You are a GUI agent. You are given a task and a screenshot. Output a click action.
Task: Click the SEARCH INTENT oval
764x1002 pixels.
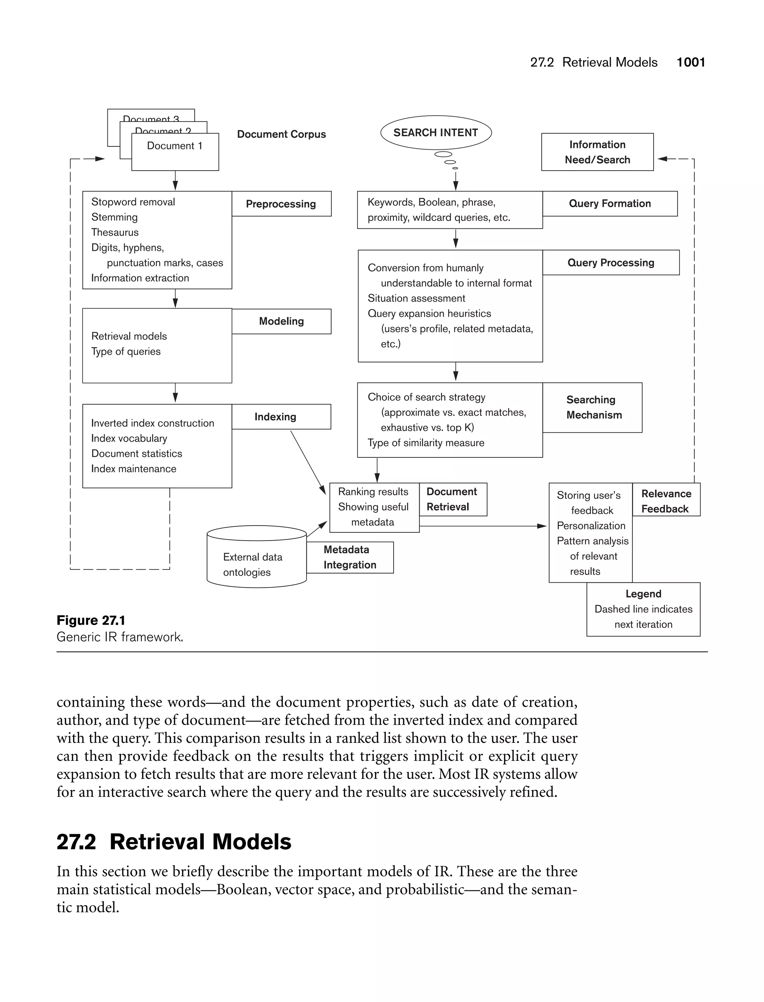tap(436, 133)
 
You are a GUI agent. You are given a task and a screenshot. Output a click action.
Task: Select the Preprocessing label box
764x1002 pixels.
tap(281, 204)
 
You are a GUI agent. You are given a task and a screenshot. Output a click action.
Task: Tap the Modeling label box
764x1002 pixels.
tap(281, 321)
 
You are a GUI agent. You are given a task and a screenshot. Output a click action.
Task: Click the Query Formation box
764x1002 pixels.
tap(610, 203)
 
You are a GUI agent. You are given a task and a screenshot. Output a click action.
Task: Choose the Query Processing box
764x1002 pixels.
tap(610, 262)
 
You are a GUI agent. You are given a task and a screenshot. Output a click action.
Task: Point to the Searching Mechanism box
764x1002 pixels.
tap(592, 407)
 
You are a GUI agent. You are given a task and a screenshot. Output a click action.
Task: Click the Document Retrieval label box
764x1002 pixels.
tap(452, 499)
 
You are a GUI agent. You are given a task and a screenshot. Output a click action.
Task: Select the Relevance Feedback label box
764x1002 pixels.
tap(666, 501)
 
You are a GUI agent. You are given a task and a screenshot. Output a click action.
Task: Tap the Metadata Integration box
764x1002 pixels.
tap(350, 557)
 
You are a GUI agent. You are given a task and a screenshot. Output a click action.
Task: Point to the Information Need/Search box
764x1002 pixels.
tap(597, 152)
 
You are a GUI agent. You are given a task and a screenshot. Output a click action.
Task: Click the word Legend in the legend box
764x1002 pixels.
tap(643, 594)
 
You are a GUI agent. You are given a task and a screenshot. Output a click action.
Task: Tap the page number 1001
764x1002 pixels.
tap(691, 62)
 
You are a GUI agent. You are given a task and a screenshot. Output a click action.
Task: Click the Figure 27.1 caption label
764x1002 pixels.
tap(91, 620)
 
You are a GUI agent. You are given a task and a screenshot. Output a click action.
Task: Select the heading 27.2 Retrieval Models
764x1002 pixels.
tap(174, 841)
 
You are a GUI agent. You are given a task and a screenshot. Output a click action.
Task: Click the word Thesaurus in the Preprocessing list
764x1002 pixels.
tap(115, 232)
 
